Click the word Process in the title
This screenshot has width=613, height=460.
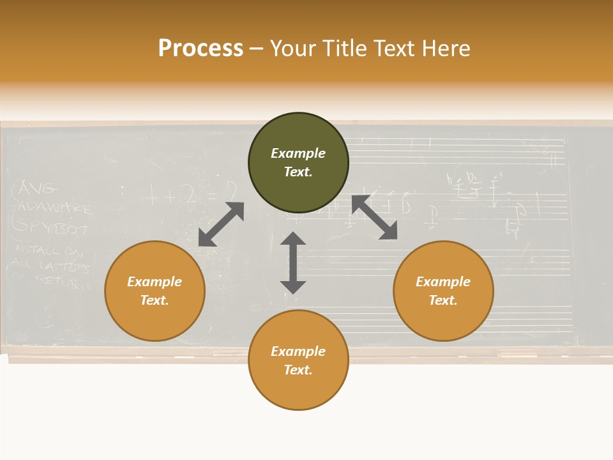(201, 49)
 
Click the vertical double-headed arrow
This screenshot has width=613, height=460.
(293, 263)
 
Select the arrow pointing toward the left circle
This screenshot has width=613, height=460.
(221, 224)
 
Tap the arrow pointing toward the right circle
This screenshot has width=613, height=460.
(375, 217)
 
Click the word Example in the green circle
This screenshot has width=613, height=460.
(298, 153)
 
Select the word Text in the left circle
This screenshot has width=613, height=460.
(155, 300)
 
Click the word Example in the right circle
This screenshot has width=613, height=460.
(443, 282)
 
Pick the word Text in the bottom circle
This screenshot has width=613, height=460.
(298, 370)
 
